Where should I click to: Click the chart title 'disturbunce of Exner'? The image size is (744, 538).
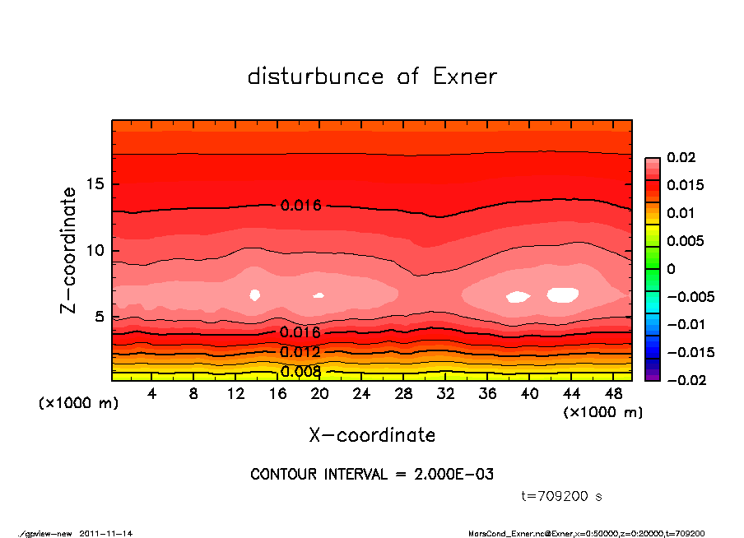[x=372, y=77]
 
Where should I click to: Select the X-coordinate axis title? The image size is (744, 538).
[x=372, y=435]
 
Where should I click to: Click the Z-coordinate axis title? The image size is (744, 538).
[x=69, y=249]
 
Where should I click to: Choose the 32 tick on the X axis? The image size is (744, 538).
[x=445, y=394]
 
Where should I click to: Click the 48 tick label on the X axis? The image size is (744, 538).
[x=614, y=394]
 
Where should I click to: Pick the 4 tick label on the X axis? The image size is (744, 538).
[x=152, y=394]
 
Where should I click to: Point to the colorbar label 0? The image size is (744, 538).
[x=671, y=269]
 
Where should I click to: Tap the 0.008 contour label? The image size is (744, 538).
[x=300, y=372]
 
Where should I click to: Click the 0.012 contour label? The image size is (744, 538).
[x=300, y=352]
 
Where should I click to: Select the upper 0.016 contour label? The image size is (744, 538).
[x=300, y=206]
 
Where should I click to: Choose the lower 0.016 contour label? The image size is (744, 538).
[x=300, y=332]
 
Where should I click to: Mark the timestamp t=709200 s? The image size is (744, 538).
[x=562, y=497]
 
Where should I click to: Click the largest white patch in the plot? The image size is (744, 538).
[x=564, y=295]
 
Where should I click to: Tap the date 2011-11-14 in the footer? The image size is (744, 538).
[x=106, y=533]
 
